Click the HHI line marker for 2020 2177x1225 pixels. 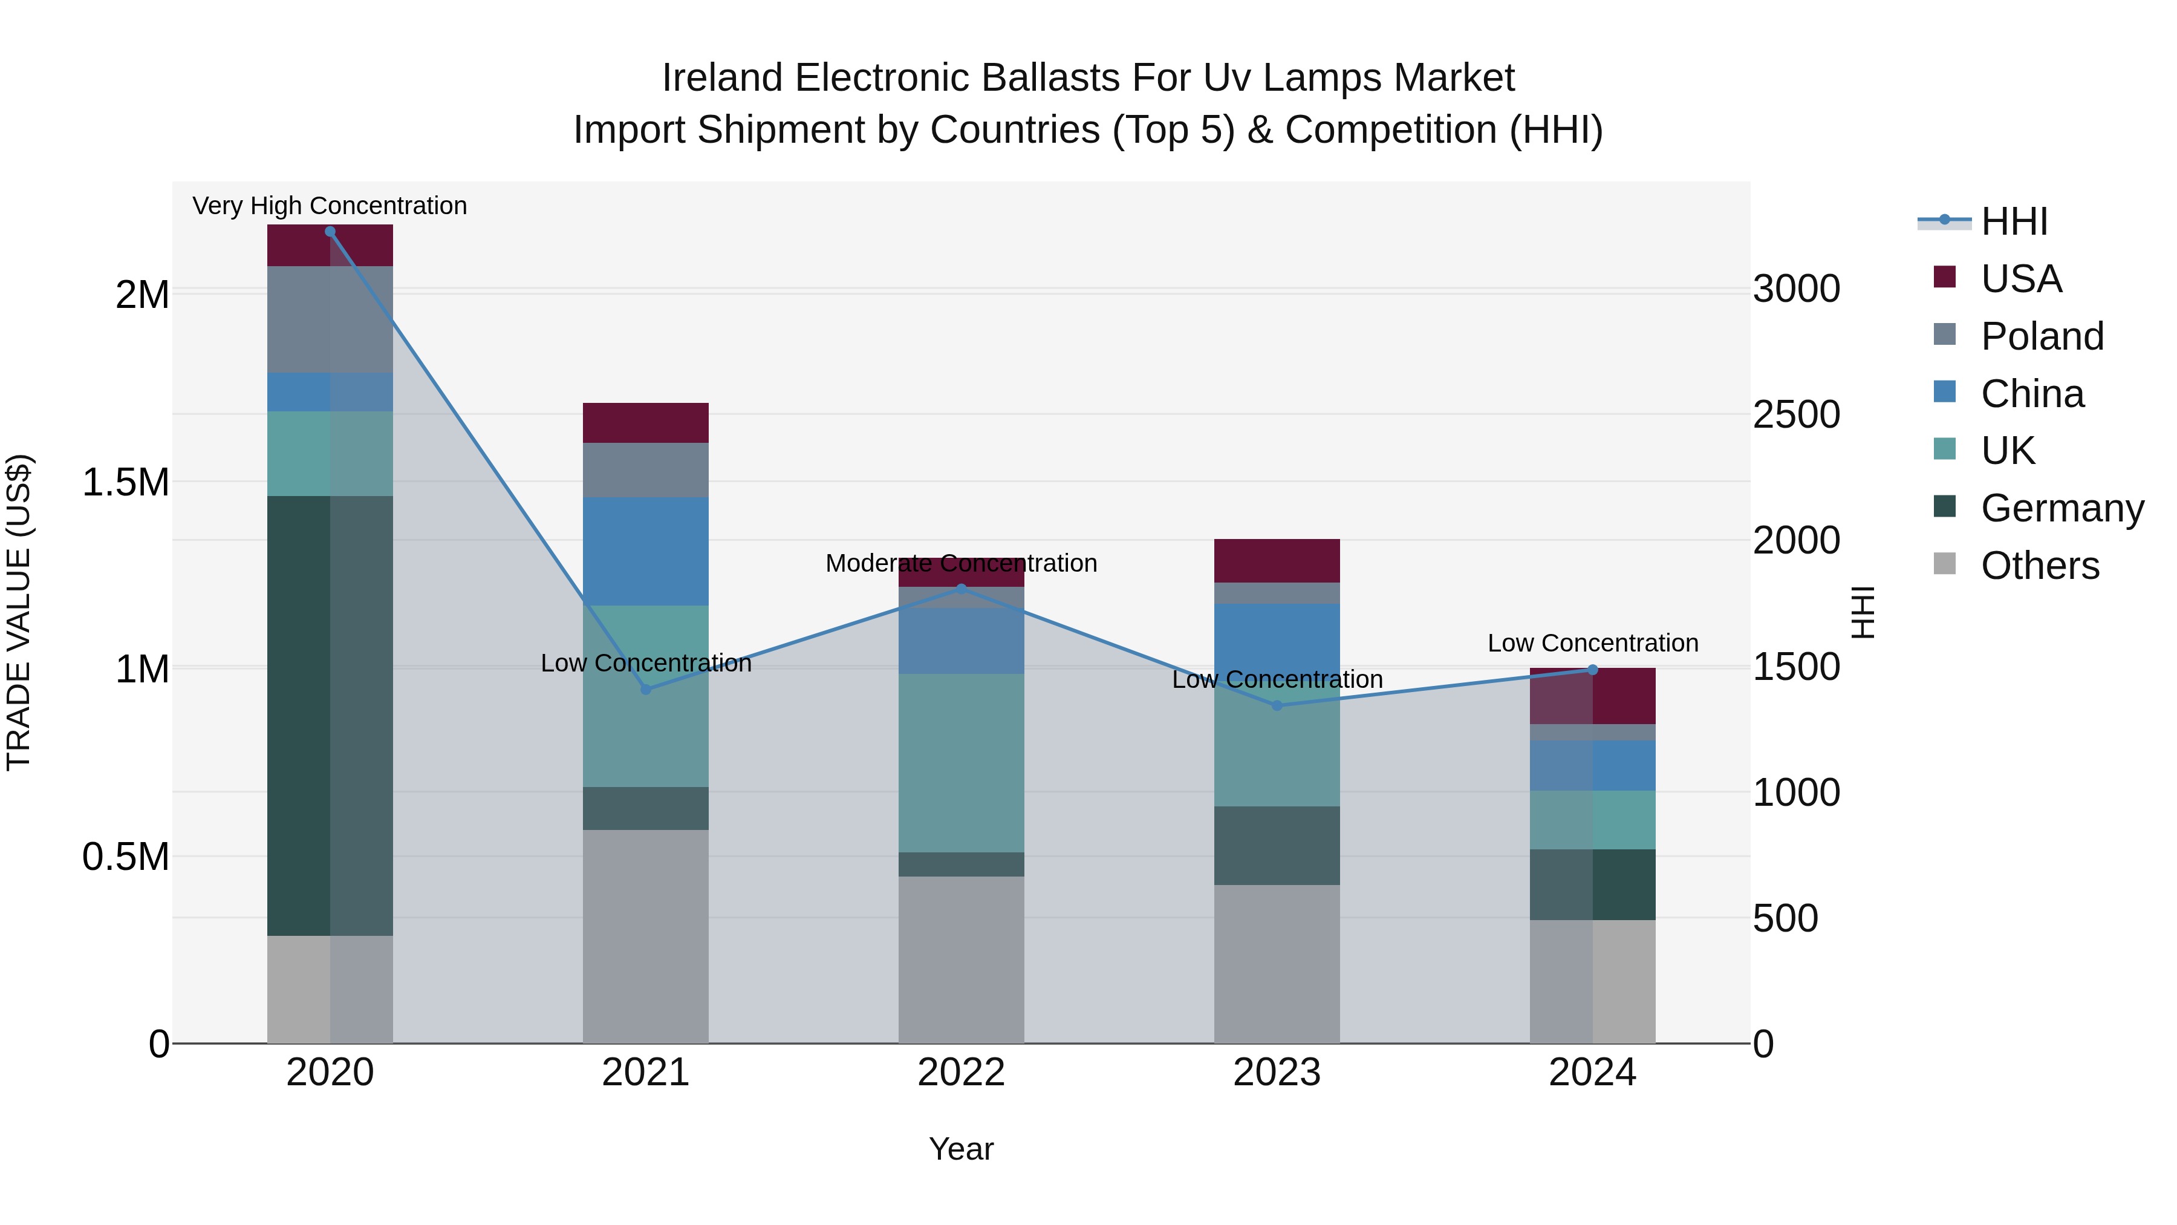pos(330,231)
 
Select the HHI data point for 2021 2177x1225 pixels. pos(646,689)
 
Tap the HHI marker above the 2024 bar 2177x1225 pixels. pos(1592,670)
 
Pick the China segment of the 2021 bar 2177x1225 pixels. pos(646,550)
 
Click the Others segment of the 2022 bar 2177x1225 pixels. pos(961,959)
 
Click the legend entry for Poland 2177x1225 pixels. pos(2041,336)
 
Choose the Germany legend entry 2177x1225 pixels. pos(2061,508)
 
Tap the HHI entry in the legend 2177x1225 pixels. pos(2013,221)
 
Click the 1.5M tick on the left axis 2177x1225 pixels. pos(125,483)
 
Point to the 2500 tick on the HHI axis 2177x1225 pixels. pos(1796,415)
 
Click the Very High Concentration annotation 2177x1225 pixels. pos(330,206)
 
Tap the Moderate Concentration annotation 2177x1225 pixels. pos(961,563)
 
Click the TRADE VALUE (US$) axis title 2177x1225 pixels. pos(19,612)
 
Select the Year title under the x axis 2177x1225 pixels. pos(961,1149)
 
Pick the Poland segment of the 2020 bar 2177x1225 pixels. pos(330,319)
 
